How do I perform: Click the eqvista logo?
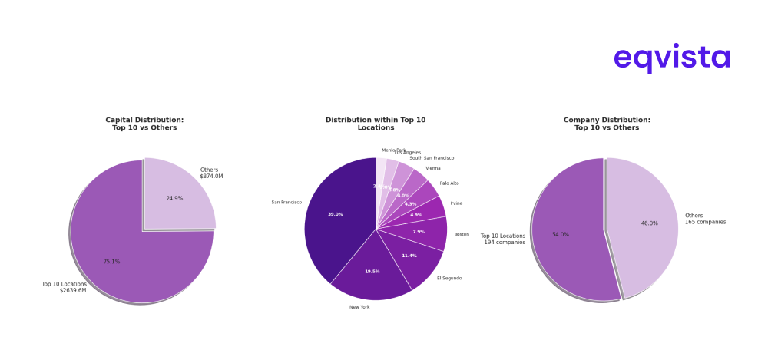point(671,58)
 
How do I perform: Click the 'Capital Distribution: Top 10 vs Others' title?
point(144,124)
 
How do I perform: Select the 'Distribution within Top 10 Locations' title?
point(376,124)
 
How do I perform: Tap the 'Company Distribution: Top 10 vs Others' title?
point(607,124)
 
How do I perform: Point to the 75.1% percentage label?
point(111,262)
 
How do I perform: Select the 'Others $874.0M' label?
point(211,173)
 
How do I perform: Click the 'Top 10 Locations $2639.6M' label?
point(65,287)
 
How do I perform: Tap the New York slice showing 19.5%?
point(372,272)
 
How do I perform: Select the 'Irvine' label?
point(456,203)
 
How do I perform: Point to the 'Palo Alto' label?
point(449,183)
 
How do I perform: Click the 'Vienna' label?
point(433,168)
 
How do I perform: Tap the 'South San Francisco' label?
point(432,158)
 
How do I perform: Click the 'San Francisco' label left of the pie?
point(286,203)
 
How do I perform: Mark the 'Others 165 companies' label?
point(705,219)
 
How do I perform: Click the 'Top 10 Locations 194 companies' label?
point(503,239)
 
